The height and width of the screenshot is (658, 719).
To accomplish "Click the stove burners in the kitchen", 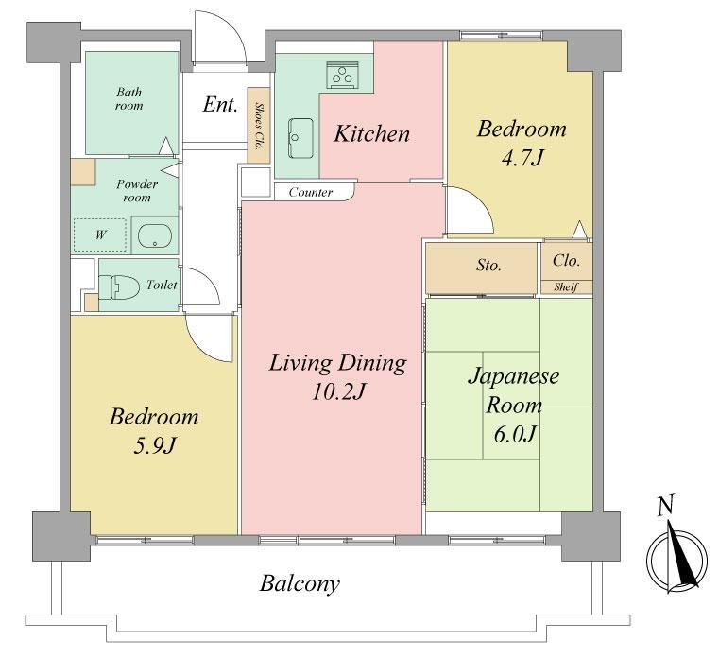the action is point(343,75).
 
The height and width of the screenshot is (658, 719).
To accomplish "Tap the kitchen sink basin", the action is point(300,138).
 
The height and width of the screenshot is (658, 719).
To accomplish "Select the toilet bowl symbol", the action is point(119,286).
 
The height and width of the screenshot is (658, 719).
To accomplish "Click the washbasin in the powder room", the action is point(155,236).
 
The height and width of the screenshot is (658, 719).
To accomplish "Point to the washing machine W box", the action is point(100,235).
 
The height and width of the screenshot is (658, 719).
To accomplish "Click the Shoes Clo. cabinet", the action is point(258,126).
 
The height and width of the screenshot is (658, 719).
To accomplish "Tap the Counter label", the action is point(311,192).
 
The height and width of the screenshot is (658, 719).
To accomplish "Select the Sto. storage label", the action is point(488,266).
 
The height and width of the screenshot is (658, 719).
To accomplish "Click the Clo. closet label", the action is point(566,261).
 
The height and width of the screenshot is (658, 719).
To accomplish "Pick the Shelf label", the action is point(566,287).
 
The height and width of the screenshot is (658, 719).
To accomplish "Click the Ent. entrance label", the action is point(220,104).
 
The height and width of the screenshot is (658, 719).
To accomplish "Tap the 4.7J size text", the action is point(522,158).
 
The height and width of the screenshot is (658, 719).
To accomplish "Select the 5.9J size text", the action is point(155,445).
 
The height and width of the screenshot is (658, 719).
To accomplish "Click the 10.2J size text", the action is point(338,391).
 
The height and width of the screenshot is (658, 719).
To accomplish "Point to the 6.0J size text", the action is point(514,434).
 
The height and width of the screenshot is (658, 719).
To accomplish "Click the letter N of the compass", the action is point(665,505).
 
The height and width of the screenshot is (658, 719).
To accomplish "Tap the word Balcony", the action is point(300,584).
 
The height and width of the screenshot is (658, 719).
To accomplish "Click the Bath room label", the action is point(128,99).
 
